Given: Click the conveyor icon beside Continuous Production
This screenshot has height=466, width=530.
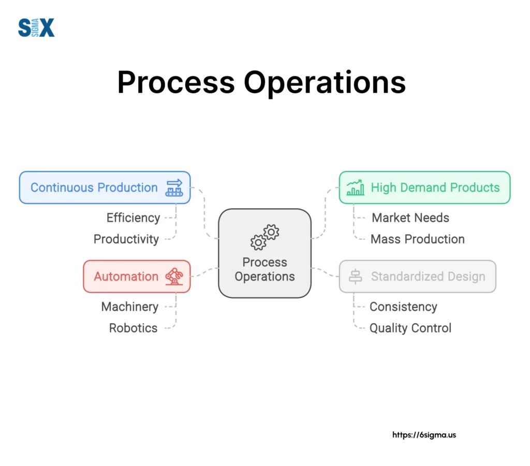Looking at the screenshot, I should [x=174, y=187].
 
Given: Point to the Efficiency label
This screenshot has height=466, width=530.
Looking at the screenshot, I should [x=133, y=217].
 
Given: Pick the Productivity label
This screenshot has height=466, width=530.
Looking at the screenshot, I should [x=126, y=239].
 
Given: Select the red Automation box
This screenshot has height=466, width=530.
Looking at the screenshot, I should [x=137, y=276].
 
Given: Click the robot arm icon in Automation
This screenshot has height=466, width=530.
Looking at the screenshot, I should [x=174, y=276].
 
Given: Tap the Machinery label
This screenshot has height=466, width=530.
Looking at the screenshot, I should [x=129, y=307].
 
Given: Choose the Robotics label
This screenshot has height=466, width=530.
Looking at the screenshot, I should [x=133, y=328].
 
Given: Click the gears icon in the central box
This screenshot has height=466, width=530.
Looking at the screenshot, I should [x=264, y=237].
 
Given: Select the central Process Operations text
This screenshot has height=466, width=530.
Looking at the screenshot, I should [x=264, y=269].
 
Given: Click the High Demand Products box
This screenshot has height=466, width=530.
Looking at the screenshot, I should [x=424, y=187].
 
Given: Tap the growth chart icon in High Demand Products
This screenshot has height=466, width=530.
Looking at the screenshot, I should [x=355, y=187].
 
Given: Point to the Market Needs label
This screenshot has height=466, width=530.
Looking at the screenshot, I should [x=410, y=217].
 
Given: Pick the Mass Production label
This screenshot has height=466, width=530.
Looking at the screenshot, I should [x=418, y=239].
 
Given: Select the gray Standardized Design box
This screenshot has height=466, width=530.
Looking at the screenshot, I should [x=417, y=276].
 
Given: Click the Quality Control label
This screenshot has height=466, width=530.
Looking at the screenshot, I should [x=410, y=328].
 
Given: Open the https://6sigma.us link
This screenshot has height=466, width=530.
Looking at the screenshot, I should [x=424, y=435].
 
